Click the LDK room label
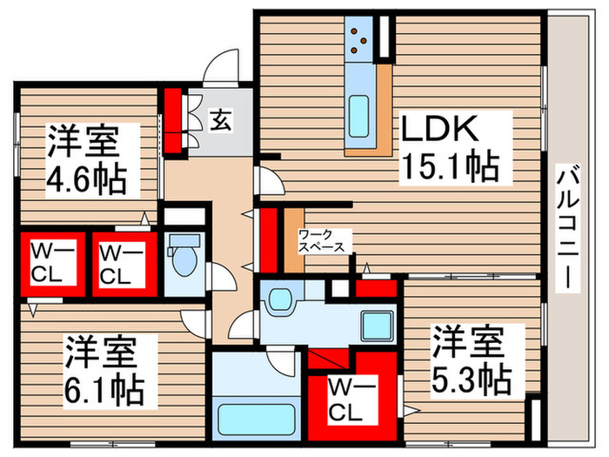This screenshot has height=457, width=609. (x=439, y=131)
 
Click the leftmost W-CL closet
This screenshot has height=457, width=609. (x=50, y=262)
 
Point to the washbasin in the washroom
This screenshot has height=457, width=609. (x=279, y=299)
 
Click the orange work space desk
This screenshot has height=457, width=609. (x=294, y=237)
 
